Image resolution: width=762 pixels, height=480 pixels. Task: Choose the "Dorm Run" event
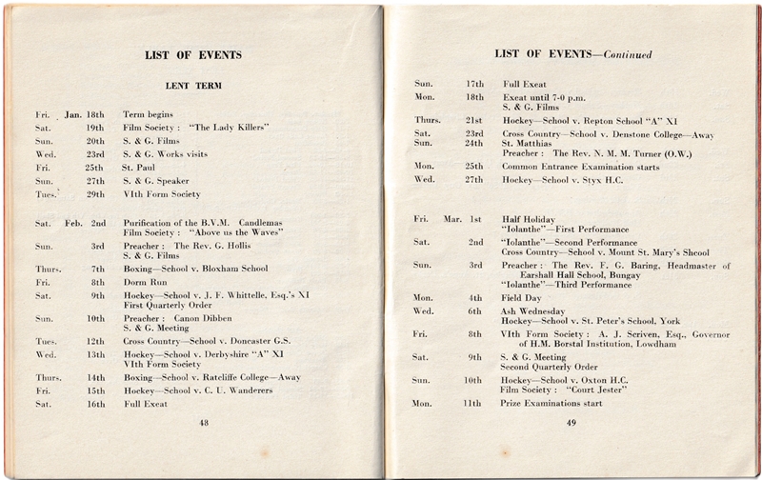[143, 282]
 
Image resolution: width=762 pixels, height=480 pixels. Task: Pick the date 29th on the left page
[95, 194]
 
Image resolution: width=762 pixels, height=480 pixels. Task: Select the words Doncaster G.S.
[263, 341]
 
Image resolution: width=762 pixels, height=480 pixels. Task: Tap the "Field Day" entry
[522, 298]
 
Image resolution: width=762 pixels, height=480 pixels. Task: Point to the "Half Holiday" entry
[529, 220]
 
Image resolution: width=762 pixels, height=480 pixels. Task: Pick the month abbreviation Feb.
[73, 223]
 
